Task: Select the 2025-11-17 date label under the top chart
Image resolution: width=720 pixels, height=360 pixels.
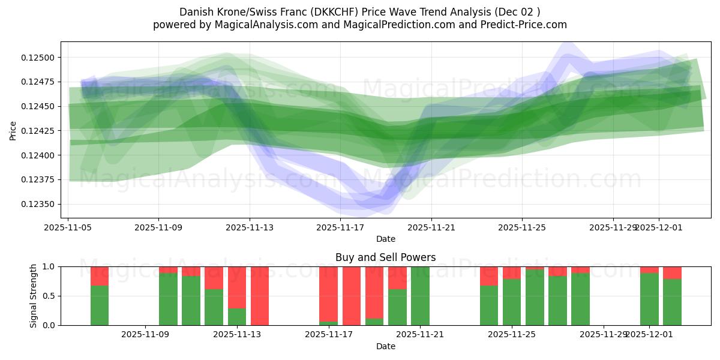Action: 340,227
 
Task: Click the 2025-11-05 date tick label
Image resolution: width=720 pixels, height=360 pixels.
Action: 68,227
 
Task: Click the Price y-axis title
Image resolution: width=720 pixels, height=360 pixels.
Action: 13,130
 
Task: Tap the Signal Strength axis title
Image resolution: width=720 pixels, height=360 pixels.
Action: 34,296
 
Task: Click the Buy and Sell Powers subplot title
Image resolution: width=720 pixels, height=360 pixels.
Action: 385,257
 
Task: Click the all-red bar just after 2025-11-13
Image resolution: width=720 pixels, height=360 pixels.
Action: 260,296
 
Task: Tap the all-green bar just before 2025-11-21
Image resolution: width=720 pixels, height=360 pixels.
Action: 420,296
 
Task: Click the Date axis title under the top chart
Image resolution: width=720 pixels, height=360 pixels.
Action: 385,239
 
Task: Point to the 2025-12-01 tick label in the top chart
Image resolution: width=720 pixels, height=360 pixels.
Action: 658,227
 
